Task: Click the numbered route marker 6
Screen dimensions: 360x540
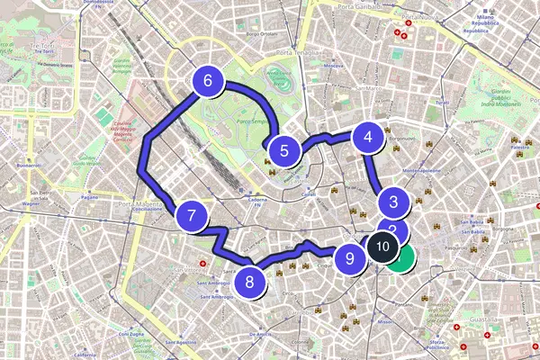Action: click(x=208, y=82)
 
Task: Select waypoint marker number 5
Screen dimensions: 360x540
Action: click(x=284, y=151)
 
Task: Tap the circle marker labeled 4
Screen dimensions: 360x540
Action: click(x=367, y=138)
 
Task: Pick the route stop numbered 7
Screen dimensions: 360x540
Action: click(x=192, y=216)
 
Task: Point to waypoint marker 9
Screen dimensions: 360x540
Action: click(x=350, y=259)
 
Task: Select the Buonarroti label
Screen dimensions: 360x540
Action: click(x=30, y=166)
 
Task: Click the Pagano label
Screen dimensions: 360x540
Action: click(x=88, y=196)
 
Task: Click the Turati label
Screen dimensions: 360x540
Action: click(x=441, y=103)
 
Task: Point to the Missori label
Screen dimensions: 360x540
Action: click(x=386, y=320)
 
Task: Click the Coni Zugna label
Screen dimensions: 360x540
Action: click(x=131, y=334)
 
